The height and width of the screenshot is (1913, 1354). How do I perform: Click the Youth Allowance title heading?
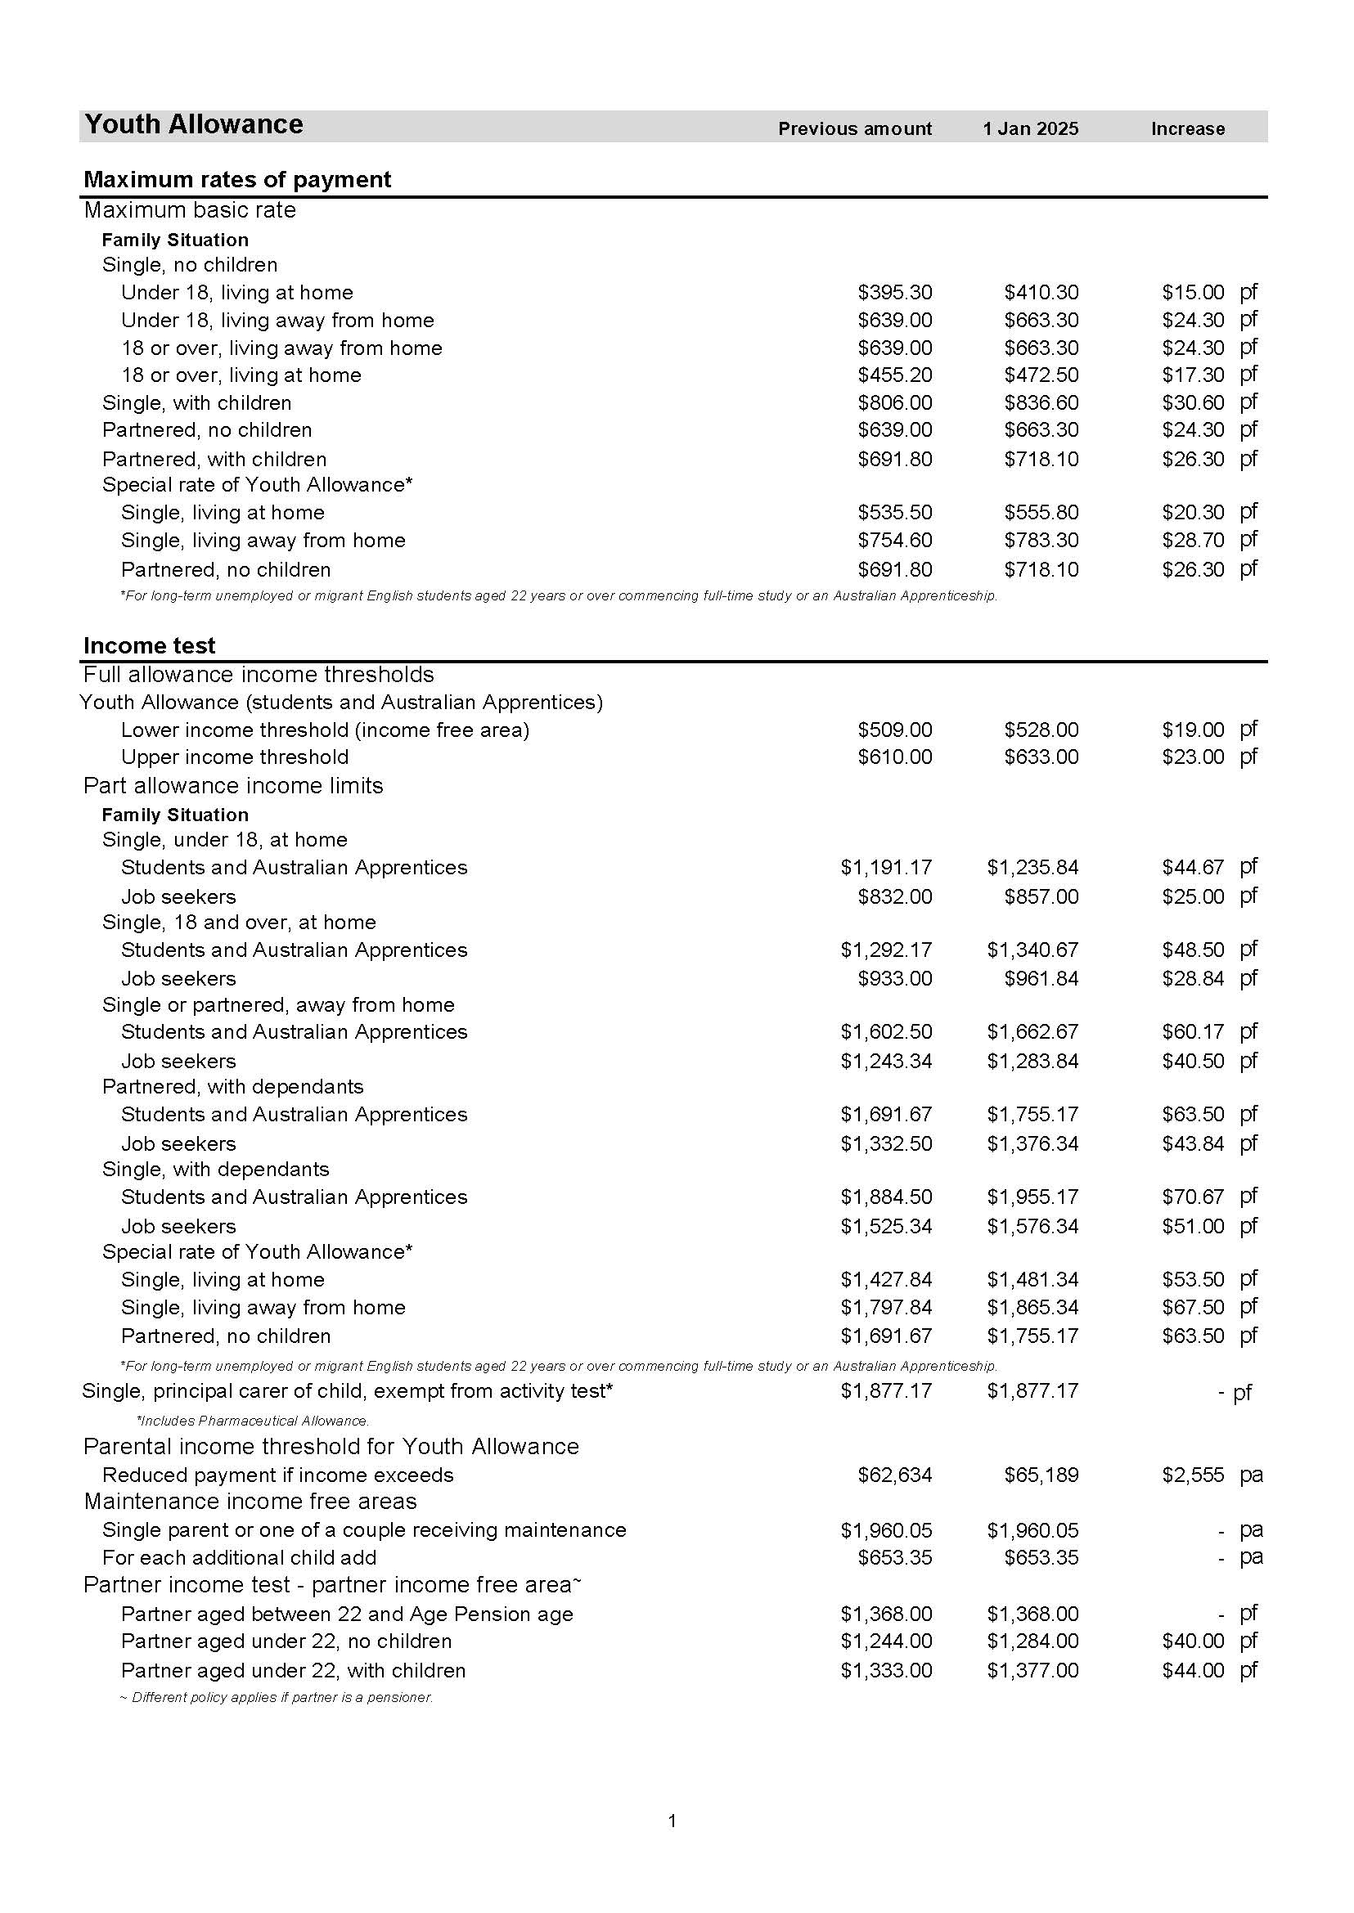pyautogui.click(x=193, y=125)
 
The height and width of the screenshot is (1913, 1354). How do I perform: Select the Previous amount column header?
pyautogui.click(x=855, y=129)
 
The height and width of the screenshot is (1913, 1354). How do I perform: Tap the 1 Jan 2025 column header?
pyautogui.click(x=1031, y=129)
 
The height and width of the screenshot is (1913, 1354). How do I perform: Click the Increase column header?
pyautogui.click(x=1187, y=129)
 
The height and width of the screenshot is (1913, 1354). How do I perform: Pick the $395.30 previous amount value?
pyautogui.click(x=894, y=293)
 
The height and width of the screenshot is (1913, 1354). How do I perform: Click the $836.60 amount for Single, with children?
pyautogui.click(x=1041, y=403)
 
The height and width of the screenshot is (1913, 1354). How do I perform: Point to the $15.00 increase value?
pyautogui.click(x=1193, y=293)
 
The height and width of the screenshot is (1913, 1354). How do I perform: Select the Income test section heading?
pyautogui.click(x=149, y=646)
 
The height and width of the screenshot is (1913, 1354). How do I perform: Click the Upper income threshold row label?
pyautogui.click(x=234, y=757)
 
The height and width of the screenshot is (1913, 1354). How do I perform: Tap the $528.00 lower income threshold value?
pyautogui.click(x=1041, y=730)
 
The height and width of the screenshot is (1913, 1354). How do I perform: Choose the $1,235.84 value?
pyautogui.click(x=1032, y=868)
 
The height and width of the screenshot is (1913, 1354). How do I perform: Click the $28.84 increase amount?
pyautogui.click(x=1193, y=979)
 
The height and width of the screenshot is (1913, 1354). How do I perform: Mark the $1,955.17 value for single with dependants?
pyautogui.click(x=1032, y=1198)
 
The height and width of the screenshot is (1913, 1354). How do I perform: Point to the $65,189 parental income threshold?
pyautogui.click(x=1041, y=1475)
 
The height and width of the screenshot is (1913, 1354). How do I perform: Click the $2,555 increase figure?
pyautogui.click(x=1193, y=1475)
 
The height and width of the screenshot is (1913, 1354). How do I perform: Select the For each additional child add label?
pyautogui.click(x=239, y=1558)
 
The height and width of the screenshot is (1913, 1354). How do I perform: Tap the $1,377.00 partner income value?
pyautogui.click(x=1032, y=1670)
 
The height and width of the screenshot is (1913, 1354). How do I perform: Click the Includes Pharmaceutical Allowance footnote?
pyautogui.click(x=253, y=1421)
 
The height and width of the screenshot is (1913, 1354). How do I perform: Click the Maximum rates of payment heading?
pyautogui.click(x=237, y=180)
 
